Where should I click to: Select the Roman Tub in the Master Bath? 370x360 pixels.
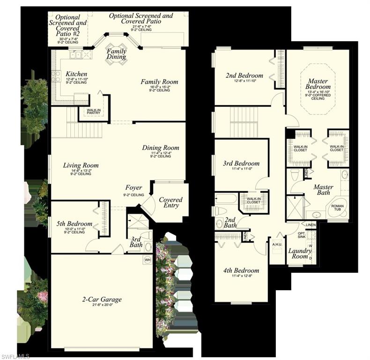coord(337,208)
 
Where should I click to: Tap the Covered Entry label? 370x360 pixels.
coord(170,202)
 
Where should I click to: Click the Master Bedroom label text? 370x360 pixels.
coord(318,83)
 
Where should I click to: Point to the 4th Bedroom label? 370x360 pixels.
coord(241,270)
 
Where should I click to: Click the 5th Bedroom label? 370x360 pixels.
coord(71,224)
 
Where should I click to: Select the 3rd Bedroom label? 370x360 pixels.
coord(241,164)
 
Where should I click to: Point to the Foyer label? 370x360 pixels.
coord(133,188)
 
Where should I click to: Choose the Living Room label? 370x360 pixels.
coord(81,165)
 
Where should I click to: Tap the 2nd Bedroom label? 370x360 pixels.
coord(244,75)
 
